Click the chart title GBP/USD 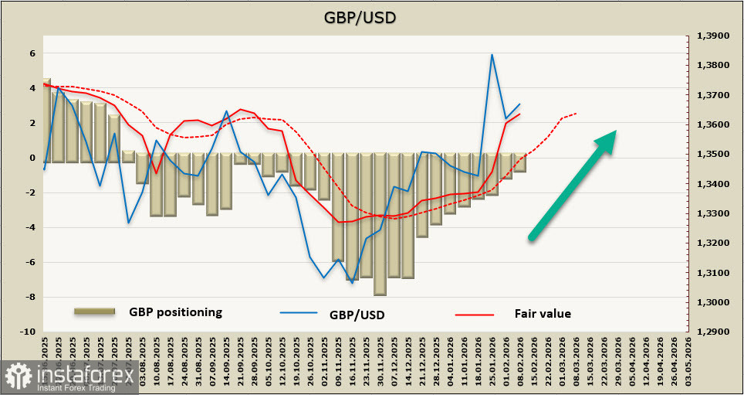372,16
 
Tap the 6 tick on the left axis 32,53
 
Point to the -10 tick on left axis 29,332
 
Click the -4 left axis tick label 31,227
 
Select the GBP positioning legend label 175,312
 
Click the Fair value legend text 543,313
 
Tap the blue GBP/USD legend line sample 299,314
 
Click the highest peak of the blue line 492,55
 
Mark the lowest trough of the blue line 352,283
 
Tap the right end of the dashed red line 577,113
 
